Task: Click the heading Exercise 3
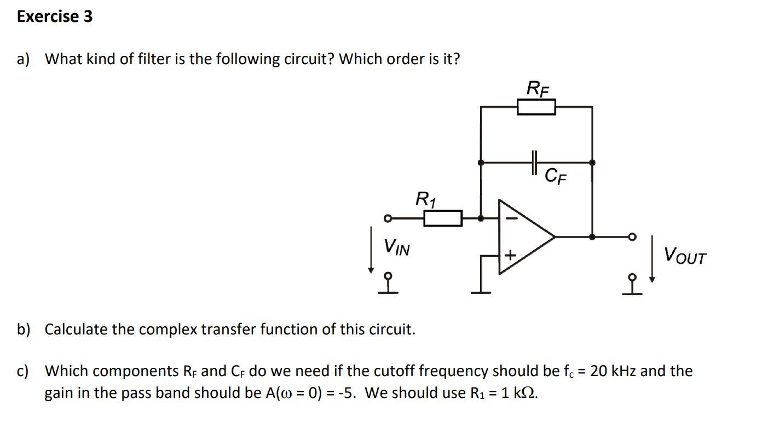pyautogui.click(x=55, y=17)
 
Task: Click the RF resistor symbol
pyautogui.click(x=536, y=107)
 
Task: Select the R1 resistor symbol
pyautogui.click(x=443, y=218)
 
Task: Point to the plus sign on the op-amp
pyautogui.click(x=510, y=255)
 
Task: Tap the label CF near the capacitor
pyautogui.click(x=556, y=176)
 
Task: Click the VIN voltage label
pyautogui.click(x=396, y=247)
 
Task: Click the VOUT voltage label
pyautogui.click(x=685, y=256)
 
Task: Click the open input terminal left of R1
pyautogui.click(x=386, y=218)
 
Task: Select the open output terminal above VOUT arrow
pyautogui.click(x=633, y=237)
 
